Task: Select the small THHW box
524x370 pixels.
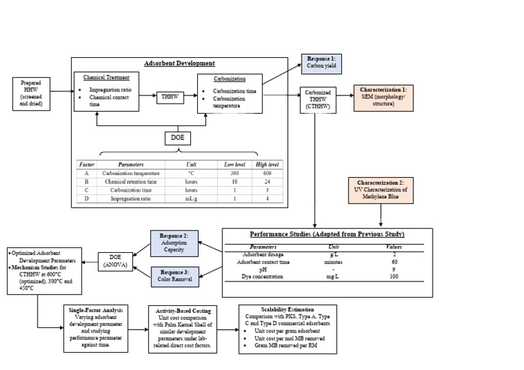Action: click(x=169, y=97)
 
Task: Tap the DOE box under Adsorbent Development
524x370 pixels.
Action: click(x=178, y=138)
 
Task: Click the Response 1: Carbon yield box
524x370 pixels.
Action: click(x=321, y=64)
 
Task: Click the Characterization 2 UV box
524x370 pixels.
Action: click(x=383, y=191)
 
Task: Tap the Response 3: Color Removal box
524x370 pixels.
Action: click(x=174, y=275)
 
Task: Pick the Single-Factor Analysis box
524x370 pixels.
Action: click(x=96, y=328)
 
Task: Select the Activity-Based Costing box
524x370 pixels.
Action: click(x=183, y=328)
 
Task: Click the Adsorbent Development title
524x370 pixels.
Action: click(x=179, y=63)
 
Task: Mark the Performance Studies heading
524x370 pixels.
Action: click(x=327, y=234)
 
